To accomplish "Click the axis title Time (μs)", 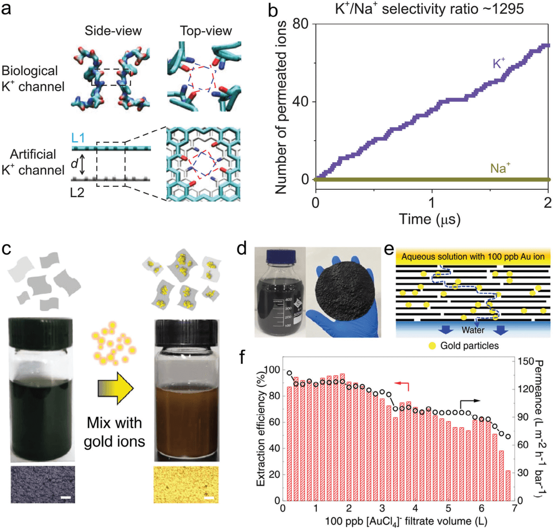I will [431, 219].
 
